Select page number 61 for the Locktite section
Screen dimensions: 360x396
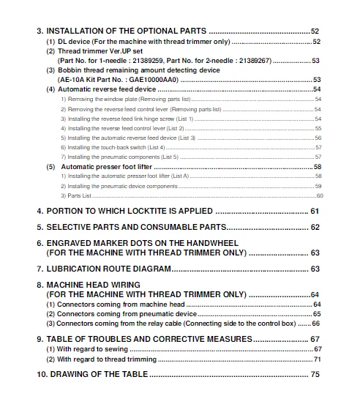(315, 211)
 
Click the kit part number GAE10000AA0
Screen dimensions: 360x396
(151, 79)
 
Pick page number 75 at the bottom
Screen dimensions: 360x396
(315, 374)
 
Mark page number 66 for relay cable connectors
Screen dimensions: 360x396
(315, 323)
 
